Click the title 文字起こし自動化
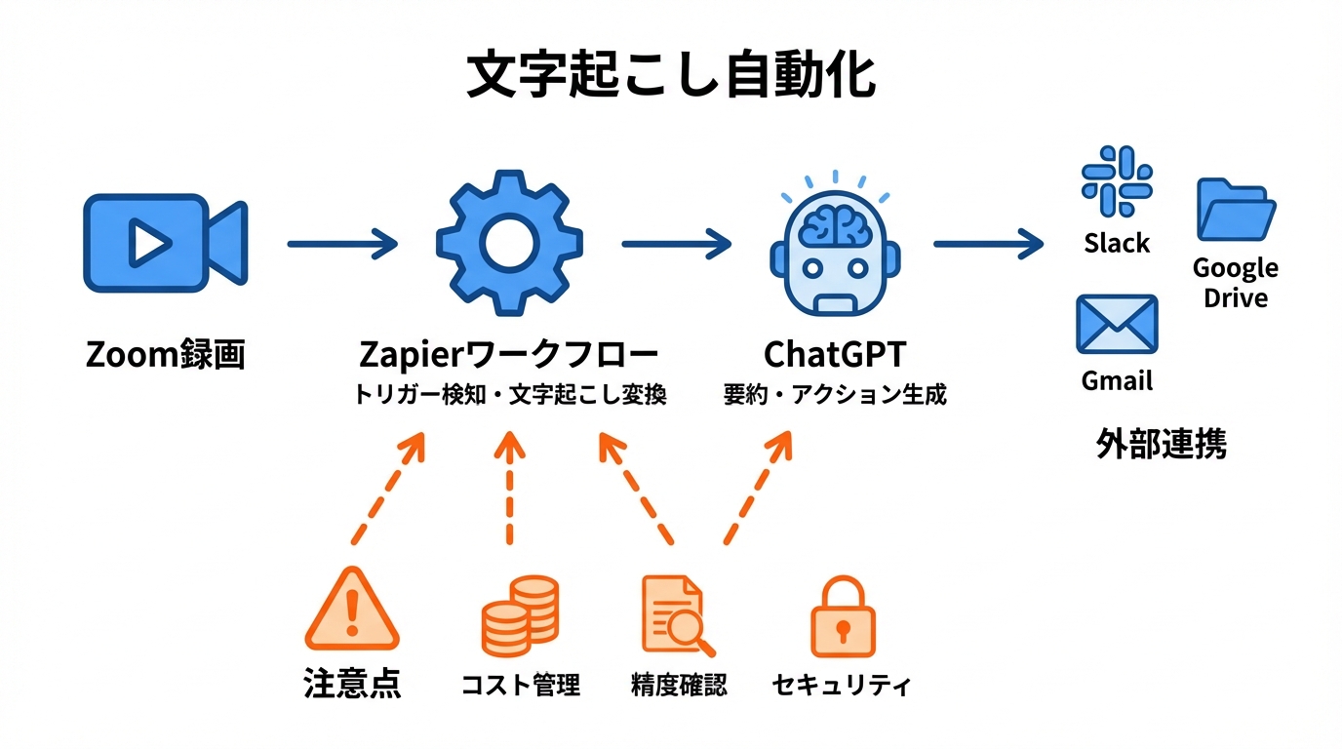click(670, 75)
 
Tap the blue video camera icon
click(164, 243)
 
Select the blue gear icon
click(508, 243)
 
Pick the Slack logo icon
click(1117, 182)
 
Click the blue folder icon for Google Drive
click(1236, 210)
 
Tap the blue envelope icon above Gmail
click(1117, 325)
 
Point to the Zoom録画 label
click(165, 355)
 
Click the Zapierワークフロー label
click(508, 354)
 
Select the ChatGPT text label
click(835, 354)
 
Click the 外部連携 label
click(1161, 444)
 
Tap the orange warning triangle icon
click(352, 611)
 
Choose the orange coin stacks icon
click(520, 615)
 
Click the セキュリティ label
click(841, 685)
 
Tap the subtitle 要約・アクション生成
click(835, 395)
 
